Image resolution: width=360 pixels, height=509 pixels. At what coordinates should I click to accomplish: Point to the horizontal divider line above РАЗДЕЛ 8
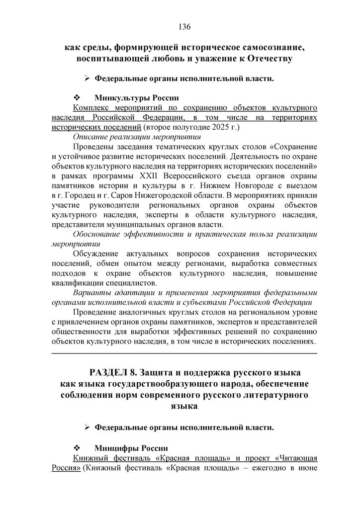click(x=184, y=353)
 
